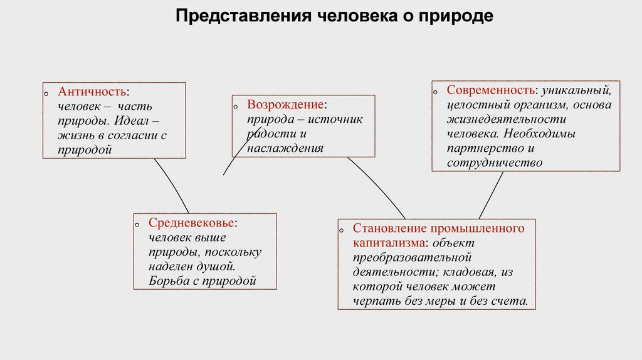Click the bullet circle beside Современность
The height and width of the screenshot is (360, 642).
coord(434,92)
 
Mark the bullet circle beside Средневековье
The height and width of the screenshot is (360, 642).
coord(137,224)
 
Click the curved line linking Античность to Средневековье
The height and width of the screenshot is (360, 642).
coord(172,184)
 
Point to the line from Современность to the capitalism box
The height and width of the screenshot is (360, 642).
coord(492,195)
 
